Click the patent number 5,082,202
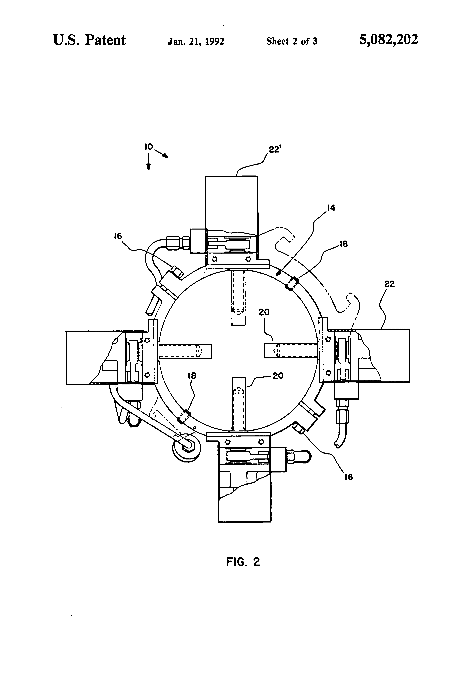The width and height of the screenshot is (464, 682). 388,40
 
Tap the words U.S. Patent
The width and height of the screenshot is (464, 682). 89,40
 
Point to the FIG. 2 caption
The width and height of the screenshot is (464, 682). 243,562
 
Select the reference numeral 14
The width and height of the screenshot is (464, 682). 331,208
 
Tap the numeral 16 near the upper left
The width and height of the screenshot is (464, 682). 118,236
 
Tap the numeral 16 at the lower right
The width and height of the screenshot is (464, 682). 348,477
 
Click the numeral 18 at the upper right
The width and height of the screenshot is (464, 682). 343,244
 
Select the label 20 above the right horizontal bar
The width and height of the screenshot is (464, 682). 264,312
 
